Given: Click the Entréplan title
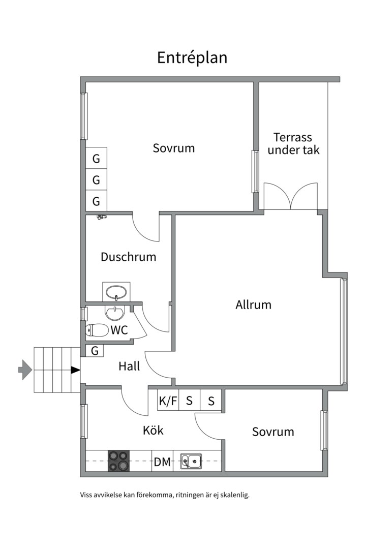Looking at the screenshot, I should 192,57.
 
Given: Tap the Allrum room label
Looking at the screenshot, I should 253,304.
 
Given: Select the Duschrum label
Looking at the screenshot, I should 128,257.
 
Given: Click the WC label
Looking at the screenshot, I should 119,330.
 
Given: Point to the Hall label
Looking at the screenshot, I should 129,366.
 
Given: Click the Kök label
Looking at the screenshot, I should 153,430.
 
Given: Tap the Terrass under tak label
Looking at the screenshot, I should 293,143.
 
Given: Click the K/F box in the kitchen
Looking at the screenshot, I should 168,401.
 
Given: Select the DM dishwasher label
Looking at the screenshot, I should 162,462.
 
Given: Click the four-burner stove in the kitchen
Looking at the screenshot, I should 119,461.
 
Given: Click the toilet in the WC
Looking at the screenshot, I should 97,331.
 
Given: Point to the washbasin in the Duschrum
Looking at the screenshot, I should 116,292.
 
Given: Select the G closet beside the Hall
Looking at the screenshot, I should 95,351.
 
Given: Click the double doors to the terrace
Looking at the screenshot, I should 290,197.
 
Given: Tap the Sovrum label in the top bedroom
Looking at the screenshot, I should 174,148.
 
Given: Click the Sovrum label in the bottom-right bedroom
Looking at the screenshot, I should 273,432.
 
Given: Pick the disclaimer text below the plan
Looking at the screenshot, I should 165,494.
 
